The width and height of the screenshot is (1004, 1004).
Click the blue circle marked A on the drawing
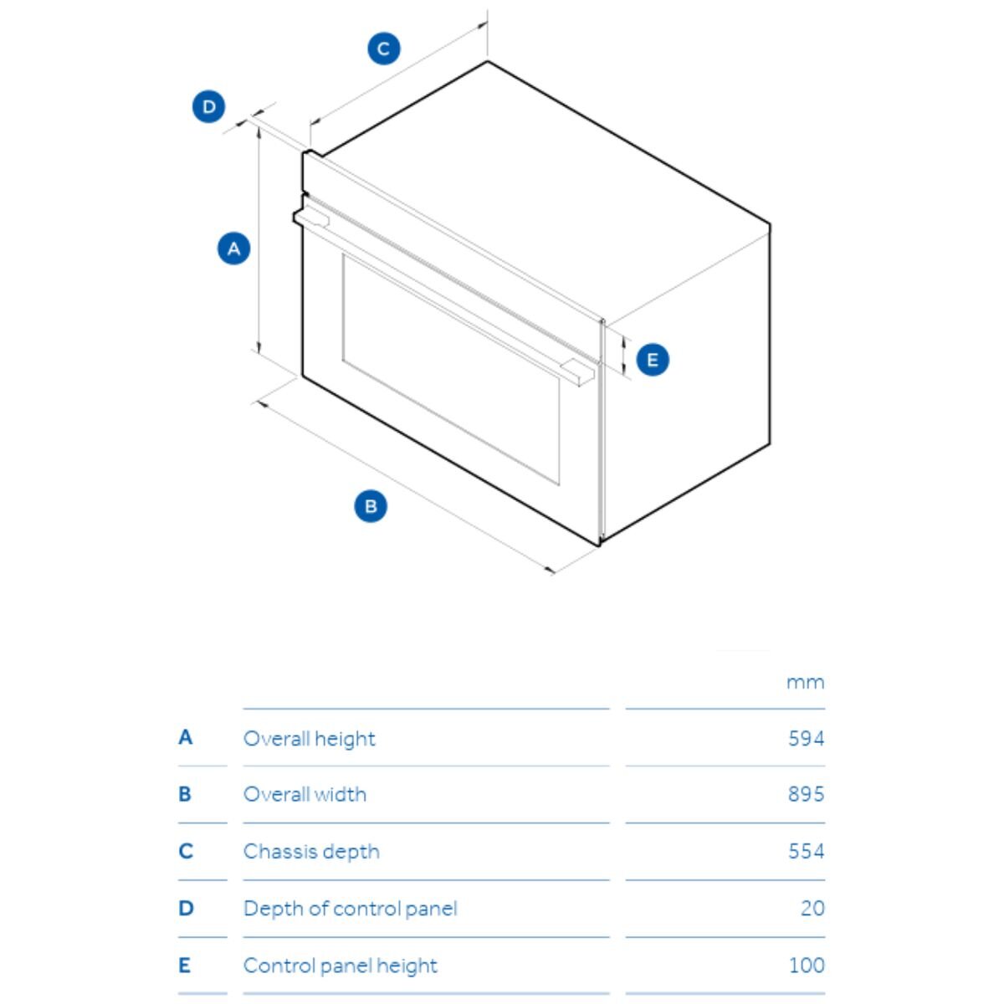pyautogui.click(x=233, y=248)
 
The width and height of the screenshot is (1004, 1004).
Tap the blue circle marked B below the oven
pyautogui.click(x=371, y=506)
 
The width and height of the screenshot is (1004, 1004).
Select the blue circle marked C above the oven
pyautogui.click(x=383, y=49)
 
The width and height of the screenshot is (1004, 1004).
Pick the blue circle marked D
pyautogui.click(x=208, y=107)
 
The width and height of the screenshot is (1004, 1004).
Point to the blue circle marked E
pyautogui.click(x=653, y=360)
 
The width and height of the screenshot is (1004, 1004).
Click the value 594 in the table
pyautogui.click(x=806, y=738)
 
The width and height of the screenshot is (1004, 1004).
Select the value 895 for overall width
pyautogui.click(x=806, y=794)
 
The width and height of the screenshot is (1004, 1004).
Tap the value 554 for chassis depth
pyautogui.click(x=806, y=852)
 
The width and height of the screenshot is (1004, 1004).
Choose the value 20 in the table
pyautogui.click(x=812, y=908)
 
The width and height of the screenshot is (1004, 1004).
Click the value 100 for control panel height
pyautogui.click(x=807, y=966)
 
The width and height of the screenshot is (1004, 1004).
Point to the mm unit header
pyautogui.click(x=805, y=683)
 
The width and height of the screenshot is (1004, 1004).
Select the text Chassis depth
pyautogui.click(x=311, y=853)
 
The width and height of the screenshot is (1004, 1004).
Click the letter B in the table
pyautogui.click(x=185, y=794)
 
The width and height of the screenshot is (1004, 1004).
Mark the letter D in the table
pyautogui.click(x=186, y=908)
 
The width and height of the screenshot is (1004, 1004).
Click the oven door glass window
pyautogui.click(x=451, y=370)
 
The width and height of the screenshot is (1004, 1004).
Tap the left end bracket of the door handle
pyautogui.click(x=311, y=217)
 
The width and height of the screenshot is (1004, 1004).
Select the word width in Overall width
pyautogui.click(x=341, y=794)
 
